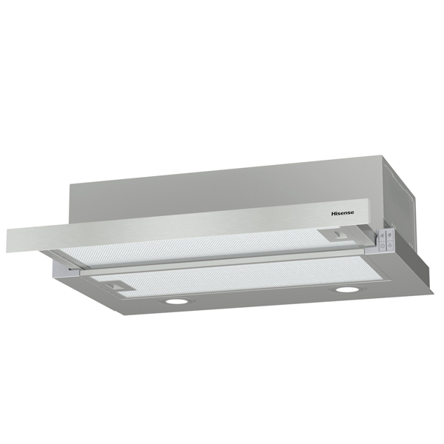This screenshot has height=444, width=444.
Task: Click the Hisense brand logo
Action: (343, 213)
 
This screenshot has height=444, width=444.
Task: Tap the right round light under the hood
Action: (344, 289)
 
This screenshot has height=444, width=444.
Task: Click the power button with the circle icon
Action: (383, 246)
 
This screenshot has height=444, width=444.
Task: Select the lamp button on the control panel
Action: (390, 245)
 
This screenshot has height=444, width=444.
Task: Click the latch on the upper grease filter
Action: (337, 235)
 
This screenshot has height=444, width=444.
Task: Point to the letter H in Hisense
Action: (333, 214)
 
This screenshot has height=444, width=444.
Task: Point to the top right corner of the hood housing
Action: (382, 155)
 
